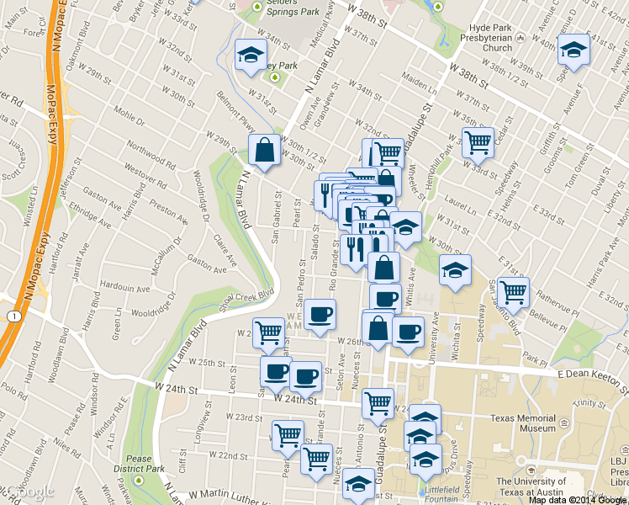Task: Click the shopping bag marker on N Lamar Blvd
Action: click(x=265, y=151)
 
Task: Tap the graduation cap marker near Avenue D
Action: click(x=574, y=50)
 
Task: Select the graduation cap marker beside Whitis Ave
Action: click(x=455, y=270)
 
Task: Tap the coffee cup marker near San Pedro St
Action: click(x=320, y=315)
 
